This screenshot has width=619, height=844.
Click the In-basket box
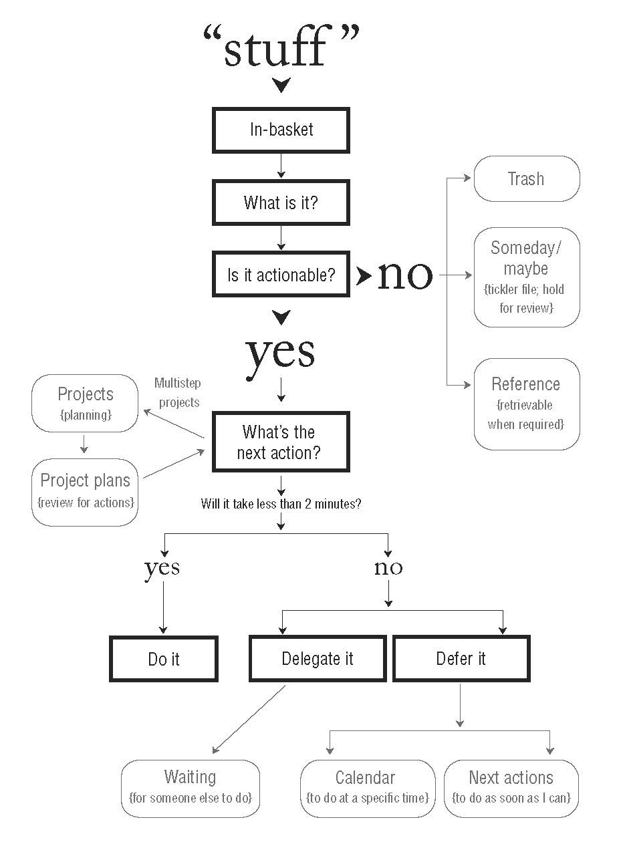[x=281, y=130]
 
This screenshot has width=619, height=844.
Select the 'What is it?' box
[x=281, y=202]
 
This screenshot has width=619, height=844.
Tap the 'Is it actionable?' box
[x=281, y=275]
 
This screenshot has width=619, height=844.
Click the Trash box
[x=526, y=179]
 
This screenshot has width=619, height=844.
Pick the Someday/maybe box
[x=526, y=277]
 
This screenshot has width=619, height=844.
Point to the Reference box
[x=526, y=404]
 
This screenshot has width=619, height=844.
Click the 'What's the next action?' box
[x=281, y=442]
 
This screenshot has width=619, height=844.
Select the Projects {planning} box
[x=85, y=403]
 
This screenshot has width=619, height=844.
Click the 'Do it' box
[x=164, y=659]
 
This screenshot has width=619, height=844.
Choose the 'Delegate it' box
[x=318, y=659]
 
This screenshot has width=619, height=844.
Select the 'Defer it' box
[x=461, y=659]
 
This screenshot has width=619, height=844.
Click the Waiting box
[x=191, y=787]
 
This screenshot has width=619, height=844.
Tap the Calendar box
[x=365, y=787]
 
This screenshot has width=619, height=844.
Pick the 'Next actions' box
[x=511, y=787]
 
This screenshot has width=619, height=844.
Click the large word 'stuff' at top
[x=281, y=48]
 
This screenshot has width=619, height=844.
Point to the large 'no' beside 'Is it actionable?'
[x=405, y=275]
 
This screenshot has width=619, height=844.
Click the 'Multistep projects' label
[x=178, y=393]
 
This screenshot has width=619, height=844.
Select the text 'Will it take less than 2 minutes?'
[x=281, y=505]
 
